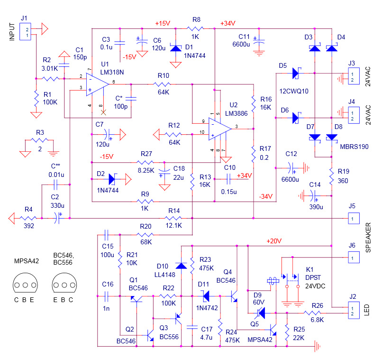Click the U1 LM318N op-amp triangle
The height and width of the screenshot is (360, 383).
(x=98, y=84)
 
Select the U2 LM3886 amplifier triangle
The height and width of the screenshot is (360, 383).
(x=220, y=129)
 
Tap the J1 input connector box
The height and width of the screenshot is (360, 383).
(x=25, y=31)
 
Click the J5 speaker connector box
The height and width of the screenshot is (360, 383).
(x=354, y=218)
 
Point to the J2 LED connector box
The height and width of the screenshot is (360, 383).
(x=354, y=310)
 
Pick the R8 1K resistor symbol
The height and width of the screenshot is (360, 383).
(x=195, y=28)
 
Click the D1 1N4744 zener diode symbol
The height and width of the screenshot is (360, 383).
(x=176, y=48)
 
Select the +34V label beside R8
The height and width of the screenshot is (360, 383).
(x=228, y=23)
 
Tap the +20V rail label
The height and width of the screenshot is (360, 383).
(x=274, y=241)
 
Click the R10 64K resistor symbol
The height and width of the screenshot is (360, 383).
(x=162, y=84)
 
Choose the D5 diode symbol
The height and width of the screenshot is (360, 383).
(x=297, y=73)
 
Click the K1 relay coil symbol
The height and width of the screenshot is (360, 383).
(x=273, y=281)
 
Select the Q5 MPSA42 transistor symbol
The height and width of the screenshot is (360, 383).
(x=273, y=330)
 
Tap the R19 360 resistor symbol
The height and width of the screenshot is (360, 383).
(x=331, y=176)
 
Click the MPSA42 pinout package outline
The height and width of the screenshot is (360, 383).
(x=25, y=283)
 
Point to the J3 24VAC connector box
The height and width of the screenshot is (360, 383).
(x=354, y=76)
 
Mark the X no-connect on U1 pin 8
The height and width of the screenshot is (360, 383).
(x=103, y=112)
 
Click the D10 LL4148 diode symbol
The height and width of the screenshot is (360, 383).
(x=181, y=266)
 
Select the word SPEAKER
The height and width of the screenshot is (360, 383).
(x=368, y=237)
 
